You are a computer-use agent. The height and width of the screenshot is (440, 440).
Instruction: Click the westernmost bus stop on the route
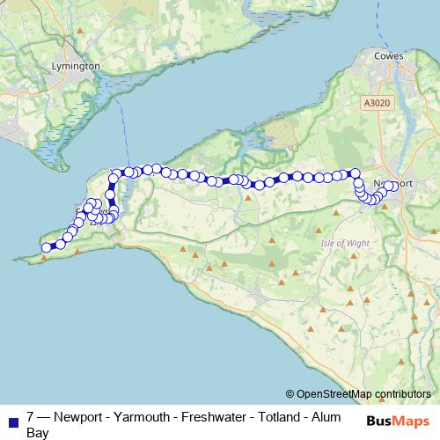pyautogui.click(x=46, y=247)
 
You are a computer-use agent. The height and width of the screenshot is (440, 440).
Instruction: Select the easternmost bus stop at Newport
pyautogui.click(x=392, y=186)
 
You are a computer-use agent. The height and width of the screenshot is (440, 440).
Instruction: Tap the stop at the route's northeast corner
pyautogui.click(x=356, y=174)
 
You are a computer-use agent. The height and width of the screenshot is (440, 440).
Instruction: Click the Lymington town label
pyautogui.click(x=77, y=66)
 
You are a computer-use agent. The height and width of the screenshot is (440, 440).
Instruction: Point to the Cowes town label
pyautogui.click(x=388, y=56)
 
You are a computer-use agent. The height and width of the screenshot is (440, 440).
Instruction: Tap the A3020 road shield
pyautogui.click(x=375, y=103)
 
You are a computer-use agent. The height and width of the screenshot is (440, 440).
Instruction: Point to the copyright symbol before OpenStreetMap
pyautogui.click(x=290, y=393)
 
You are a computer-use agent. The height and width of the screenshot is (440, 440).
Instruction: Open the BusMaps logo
pyautogui.click(x=398, y=421)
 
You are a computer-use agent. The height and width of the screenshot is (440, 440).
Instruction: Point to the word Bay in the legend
pyautogui.click(x=38, y=432)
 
